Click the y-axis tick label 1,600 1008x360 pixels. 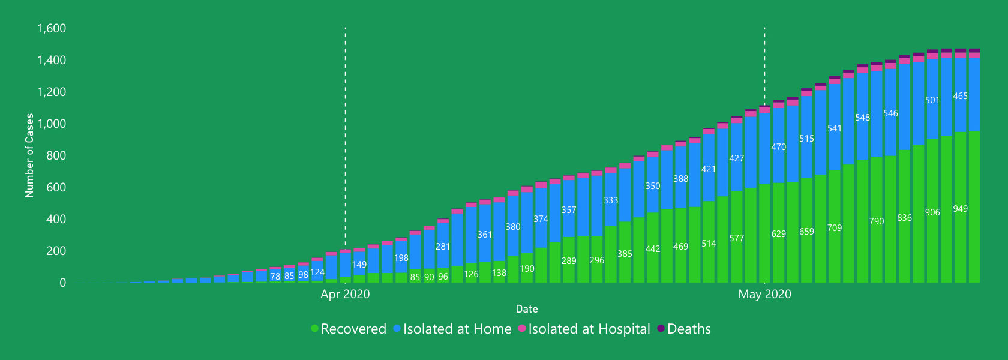click(x=52, y=29)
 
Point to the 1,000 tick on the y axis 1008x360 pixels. click(x=52, y=124)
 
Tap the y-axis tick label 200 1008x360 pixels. click(x=56, y=251)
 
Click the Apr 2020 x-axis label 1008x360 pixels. click(x=345, y=294)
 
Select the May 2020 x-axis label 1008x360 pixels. click(x=764, y=294)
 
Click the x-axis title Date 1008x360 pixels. click(x=527, y=309)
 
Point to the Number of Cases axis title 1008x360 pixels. click(x=29, y=155)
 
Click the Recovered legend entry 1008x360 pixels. click(x=349, y=329)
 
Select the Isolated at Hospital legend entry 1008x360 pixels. click(x=584, y=329)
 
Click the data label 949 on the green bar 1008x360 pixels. click(x=960, y=209)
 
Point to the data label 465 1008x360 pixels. click(x=960, y=96)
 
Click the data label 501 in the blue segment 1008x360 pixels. click(x=932, y=100)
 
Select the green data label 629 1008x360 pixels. click(x=778, y=234)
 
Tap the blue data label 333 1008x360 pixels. click(x=610, y=200)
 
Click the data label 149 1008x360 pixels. click(x=359, y=265)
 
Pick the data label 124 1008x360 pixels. click(x=317, y=272)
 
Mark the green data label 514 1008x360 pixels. click(x=709, y=244)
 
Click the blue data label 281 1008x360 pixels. click(x=443, y=247)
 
